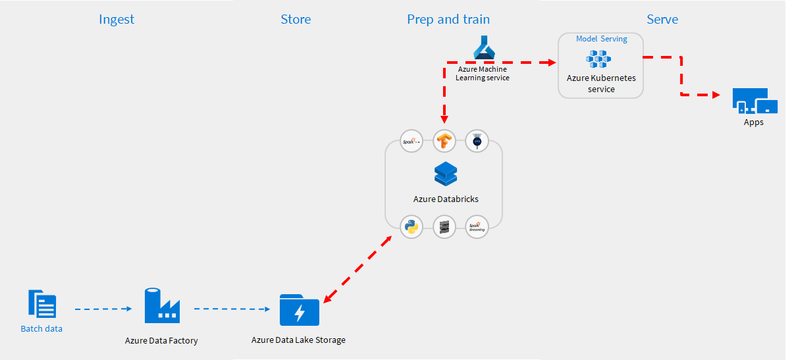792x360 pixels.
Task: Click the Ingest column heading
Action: pyautogui.click(x=117, y=19)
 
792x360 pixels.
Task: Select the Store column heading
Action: pyautogui.click(x=296, y=19)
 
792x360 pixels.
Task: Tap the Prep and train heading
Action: pyautogui.click(x=448, y=19)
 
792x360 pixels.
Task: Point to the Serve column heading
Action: pyautogui.click(x=662, y=19)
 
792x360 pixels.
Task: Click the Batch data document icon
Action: pyautogui.click(x=42, y=304)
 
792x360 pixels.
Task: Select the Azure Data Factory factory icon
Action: pyautogui.click(x=162, y=305)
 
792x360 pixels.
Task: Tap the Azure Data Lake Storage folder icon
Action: pyautogui.click(x=300, y=310)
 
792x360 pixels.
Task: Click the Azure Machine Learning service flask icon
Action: pyautogui.click(x=483, y=48)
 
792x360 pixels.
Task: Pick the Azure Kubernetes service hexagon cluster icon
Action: pyautogui.click(x=599, y=59)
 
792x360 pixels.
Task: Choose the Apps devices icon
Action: pyautogui.click(x=754, y=102)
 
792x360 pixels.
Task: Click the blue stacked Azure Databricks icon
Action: pyautogui.click(x=446, y=174)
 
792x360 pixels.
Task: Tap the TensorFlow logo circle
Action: pyautogui.click(x=445, y=141)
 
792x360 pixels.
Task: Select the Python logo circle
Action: pyautogui.click(x=412, y=227)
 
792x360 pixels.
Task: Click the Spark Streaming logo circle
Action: pyautogui.click(x=477, y=227)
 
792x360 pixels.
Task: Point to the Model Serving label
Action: pyautogui.click(x=601, y=39)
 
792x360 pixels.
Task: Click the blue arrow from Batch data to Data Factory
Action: pyautogui.click(x=104, y=308)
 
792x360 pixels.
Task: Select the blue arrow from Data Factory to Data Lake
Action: pyautogui.click(x=233, y=308)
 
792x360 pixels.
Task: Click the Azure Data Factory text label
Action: pyautogui.click(x=161, y=341)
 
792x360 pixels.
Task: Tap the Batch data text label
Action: pyautogui.click(x=41, y=328)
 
